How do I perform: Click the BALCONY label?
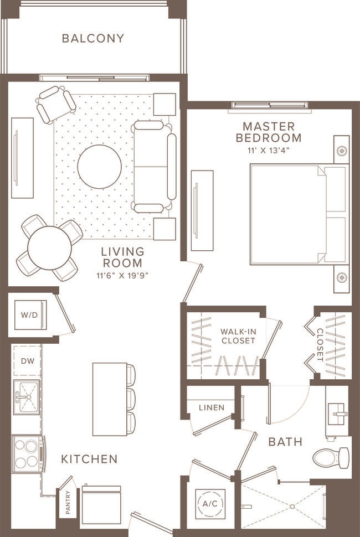pos(93,38)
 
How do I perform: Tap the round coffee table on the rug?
pos(100,167)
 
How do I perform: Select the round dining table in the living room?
pos(49,248)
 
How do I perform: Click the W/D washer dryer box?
pos(30,315)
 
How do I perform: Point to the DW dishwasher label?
pos(28,361)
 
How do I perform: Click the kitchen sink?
pos(26,396)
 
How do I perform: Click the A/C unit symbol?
pos(211,503)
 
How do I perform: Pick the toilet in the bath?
pos(331,458)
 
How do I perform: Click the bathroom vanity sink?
pos(337,412)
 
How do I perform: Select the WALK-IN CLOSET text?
pos(238,336)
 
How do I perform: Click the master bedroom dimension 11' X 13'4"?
pos(269,150)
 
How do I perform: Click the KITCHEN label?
pos(89,459)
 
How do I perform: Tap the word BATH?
pos(285,442)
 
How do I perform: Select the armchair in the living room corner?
pos(55,104)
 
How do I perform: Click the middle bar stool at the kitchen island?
pos(131,399)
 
